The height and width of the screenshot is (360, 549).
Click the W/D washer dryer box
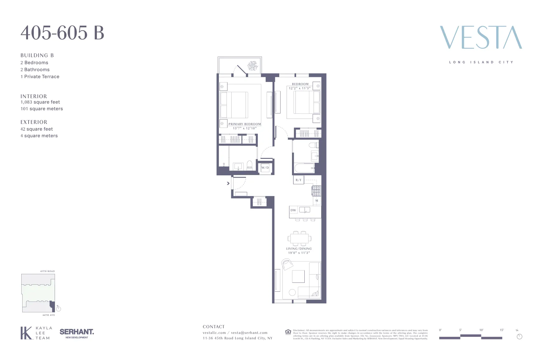pyautogui.click(x=265, y=168)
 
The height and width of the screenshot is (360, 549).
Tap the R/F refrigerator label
pyautogui.click(x=298, y=180)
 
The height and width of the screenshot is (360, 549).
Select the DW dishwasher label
pyautogui.click(x=293, y=210)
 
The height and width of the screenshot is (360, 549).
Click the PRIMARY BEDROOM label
pyautogui.click(x=245, y=124)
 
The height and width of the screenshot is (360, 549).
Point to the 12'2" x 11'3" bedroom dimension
pyautogui.click(x=300, y=88)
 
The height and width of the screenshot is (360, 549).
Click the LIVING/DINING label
pyautogui.click(x=299, y=249)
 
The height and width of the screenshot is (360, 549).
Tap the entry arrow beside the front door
pyautogui.click(x=228, y=183)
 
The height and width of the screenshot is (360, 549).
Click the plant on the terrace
pyautogui.click(x=253, y=66)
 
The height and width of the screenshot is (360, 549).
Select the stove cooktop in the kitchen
pyautogui.click(x=316, y=191)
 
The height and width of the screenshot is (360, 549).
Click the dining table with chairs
pyautogui.click(x=299, y=238)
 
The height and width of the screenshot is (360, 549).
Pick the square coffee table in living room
pyautogui.click(x=298, y=276)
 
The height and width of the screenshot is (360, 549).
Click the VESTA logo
pyautogui.click(x=481, y=38)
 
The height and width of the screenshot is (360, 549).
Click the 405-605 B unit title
pyautogui.click(x=63, y=33)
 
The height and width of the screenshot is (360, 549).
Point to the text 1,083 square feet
pyautogui.click(x=40, y=102)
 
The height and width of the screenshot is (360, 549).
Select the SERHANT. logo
pyautogui.click(x=77, y=332)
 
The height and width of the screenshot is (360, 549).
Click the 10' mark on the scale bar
pyautogui.click(x=481, y=330)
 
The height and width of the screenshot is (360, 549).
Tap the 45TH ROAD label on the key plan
pyautogui.click(x=47, y=271)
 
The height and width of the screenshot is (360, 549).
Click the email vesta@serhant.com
pyautogui.click(x=249, y=333)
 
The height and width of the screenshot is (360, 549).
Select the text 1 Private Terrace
pyautogui.click(x=40, y=77)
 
